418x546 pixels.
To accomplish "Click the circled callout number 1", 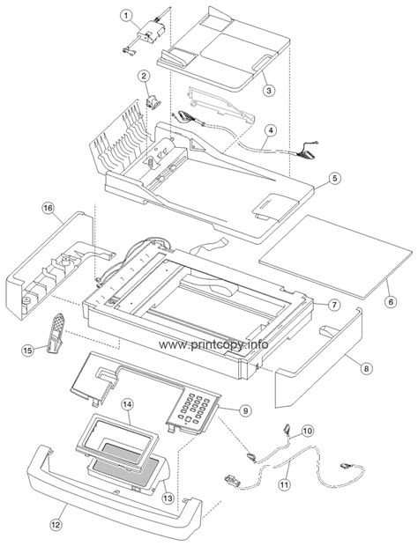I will (126, 16).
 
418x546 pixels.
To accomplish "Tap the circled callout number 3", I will (271, 88).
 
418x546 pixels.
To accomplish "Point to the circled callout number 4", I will (272, 129).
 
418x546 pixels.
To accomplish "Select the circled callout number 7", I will (335, 304).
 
